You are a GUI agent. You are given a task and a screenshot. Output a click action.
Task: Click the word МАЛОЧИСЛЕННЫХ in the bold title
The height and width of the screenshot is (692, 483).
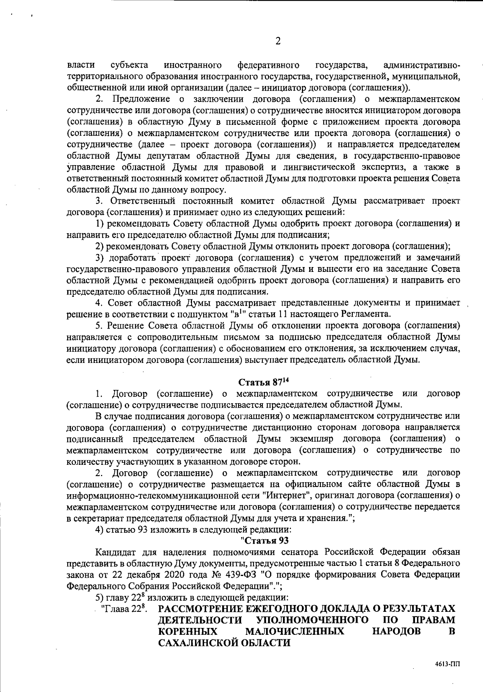pos(295,631)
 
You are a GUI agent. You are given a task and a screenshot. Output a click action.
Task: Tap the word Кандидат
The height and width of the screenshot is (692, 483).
pos(113,551)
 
